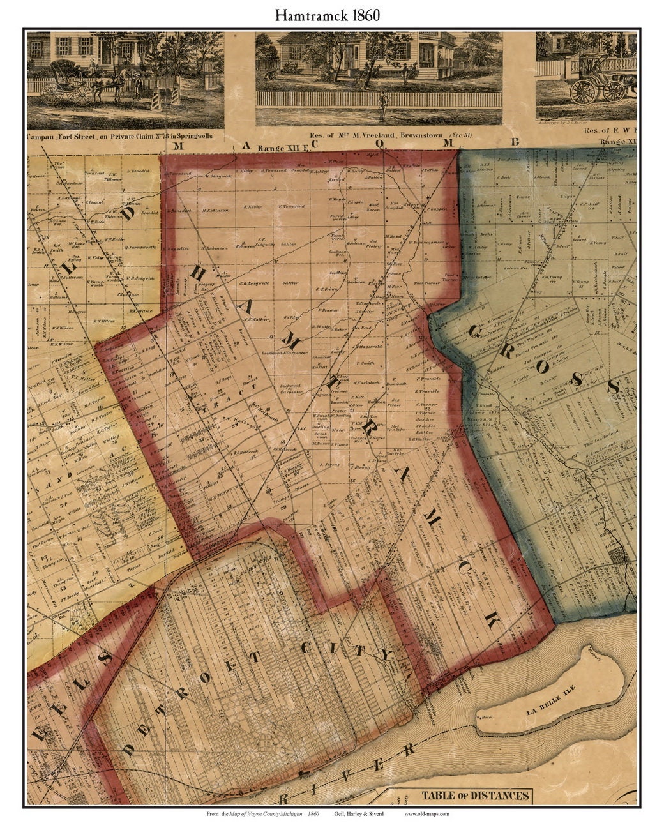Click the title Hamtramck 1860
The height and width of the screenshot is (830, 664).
[x=328, y=16]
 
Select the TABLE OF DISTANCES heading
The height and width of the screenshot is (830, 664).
[x=474, y=796]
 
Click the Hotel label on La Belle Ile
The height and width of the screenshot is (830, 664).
[x=487, y=718]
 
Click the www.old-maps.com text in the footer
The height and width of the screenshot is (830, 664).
[x=426, y=814]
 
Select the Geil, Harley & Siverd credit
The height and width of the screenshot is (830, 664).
[x=358, y=814]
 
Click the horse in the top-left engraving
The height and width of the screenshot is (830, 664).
[x=124, y=83]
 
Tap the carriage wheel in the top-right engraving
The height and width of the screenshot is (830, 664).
[x=582, y=91]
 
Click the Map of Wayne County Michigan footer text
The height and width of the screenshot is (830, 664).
[x=262, y=814]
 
